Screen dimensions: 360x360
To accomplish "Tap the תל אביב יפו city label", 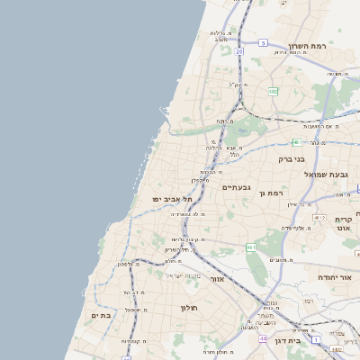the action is pos(162,198).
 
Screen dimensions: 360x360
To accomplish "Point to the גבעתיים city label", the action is pos(234,187).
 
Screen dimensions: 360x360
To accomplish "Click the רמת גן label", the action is pos(270,193).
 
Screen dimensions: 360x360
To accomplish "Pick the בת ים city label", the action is pos(101,315).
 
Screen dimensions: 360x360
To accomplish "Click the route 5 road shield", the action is pos(263,42).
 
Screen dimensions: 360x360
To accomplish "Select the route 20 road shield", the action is pos(239,52).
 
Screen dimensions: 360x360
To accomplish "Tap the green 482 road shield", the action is pos(272,90).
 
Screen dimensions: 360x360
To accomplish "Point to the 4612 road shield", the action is pos(319,217).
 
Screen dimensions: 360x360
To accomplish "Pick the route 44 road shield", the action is pos(263,339).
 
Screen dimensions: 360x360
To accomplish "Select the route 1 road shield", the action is pos(317,338).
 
